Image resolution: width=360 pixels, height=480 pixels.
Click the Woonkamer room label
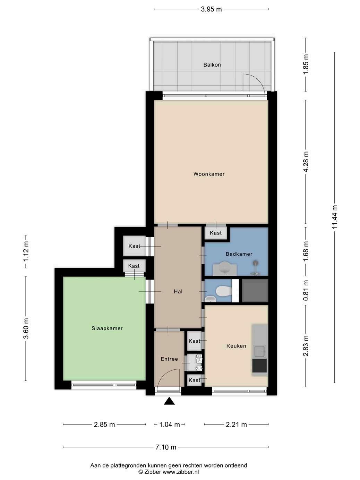coord(209,174)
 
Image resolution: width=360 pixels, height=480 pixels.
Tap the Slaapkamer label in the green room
coord(107,328)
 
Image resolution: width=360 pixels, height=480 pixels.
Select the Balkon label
coord(212,65)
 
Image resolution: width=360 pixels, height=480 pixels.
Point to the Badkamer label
coord(239,254)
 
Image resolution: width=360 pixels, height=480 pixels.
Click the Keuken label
coord(236,346)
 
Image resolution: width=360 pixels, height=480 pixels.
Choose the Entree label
coord(169,359)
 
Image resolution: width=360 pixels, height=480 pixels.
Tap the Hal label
coord(178,291)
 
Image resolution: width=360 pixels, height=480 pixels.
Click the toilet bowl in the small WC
coord(223,291)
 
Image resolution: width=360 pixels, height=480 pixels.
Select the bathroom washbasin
coord(225,269)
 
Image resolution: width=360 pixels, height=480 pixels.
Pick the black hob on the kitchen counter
coord(259,366)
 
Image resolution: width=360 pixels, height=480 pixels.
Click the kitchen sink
coord(259,351)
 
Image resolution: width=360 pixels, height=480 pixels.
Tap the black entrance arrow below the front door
coord(169,401)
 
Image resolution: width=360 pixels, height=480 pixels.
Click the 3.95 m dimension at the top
coord(211,9)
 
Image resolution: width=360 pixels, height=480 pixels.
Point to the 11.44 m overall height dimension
coord(334,217)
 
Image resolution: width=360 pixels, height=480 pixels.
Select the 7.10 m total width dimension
coord(166,447)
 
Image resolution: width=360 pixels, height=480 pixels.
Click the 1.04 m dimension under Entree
coord(169,425)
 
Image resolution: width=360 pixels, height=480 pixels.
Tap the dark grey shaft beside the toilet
coord(255,290)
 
